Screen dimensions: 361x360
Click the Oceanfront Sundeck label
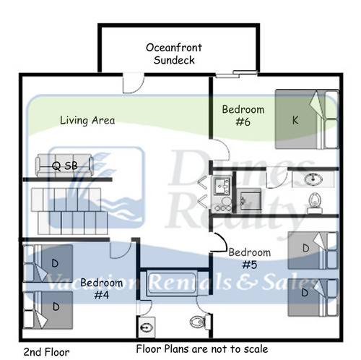point(174,53)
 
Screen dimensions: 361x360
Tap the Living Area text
point(87,120)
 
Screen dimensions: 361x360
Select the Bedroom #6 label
point(243,116)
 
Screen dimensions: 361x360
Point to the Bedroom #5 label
point(250,259)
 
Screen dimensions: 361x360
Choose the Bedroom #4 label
point(101,288)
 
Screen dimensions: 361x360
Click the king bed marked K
point(307,119)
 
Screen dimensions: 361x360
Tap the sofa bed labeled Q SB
point(64,166)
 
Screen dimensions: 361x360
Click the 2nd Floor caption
point(46,352)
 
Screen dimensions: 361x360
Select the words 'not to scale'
point(240,348)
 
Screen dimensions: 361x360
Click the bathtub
point(172,283)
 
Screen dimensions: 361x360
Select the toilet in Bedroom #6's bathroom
point(314,203)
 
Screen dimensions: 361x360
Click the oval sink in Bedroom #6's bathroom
point(313,179)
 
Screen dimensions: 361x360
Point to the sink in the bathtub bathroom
point(146,327)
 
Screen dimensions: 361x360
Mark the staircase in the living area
point(69,211)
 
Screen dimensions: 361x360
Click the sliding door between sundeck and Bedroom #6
point(236,74)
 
